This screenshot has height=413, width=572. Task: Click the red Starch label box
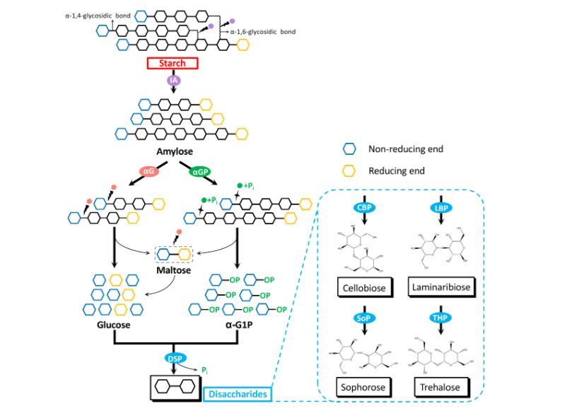(x=172, y=63)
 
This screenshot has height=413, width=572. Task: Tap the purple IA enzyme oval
(x=173, y=81)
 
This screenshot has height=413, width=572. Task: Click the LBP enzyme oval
(x=442, y=209)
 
